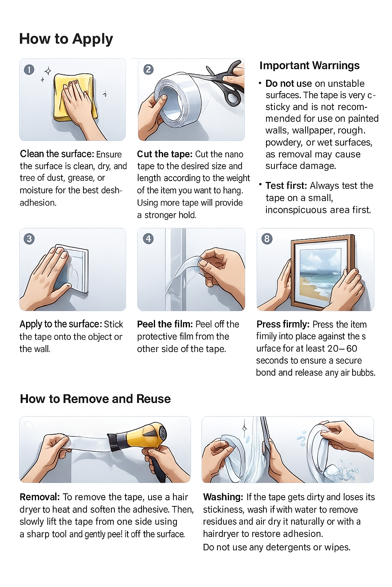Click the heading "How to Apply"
(66, 39)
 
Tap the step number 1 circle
(29, 70)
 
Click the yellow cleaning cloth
(75, 97)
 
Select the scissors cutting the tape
(224, 82)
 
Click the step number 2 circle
(148, 69)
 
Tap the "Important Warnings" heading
(309, 66)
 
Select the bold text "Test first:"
(286, 186)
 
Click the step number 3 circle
(29, 239)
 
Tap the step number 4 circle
(148, 239)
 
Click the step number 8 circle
(267, 239)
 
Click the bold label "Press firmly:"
(283, 324)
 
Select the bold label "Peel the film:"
(165, 324)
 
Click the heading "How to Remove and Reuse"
(95, 399)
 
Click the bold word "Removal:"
(39, 497)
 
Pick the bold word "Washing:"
(223, 497)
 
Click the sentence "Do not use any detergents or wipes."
(276, 547)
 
